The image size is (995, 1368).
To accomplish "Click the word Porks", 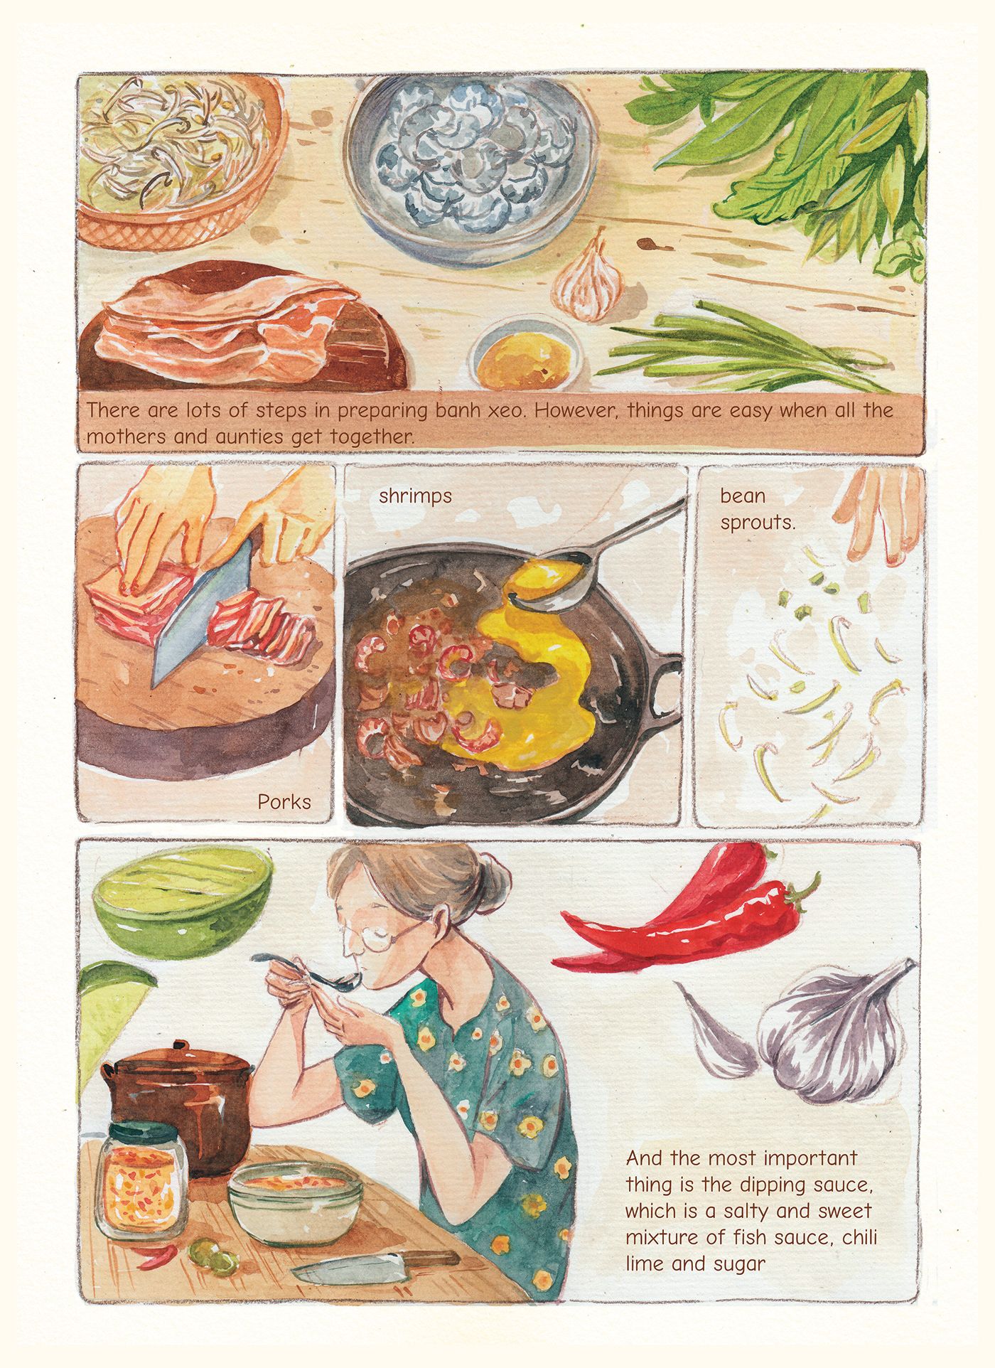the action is [284, 802].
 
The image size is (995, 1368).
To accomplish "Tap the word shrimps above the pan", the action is [415, 496].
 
